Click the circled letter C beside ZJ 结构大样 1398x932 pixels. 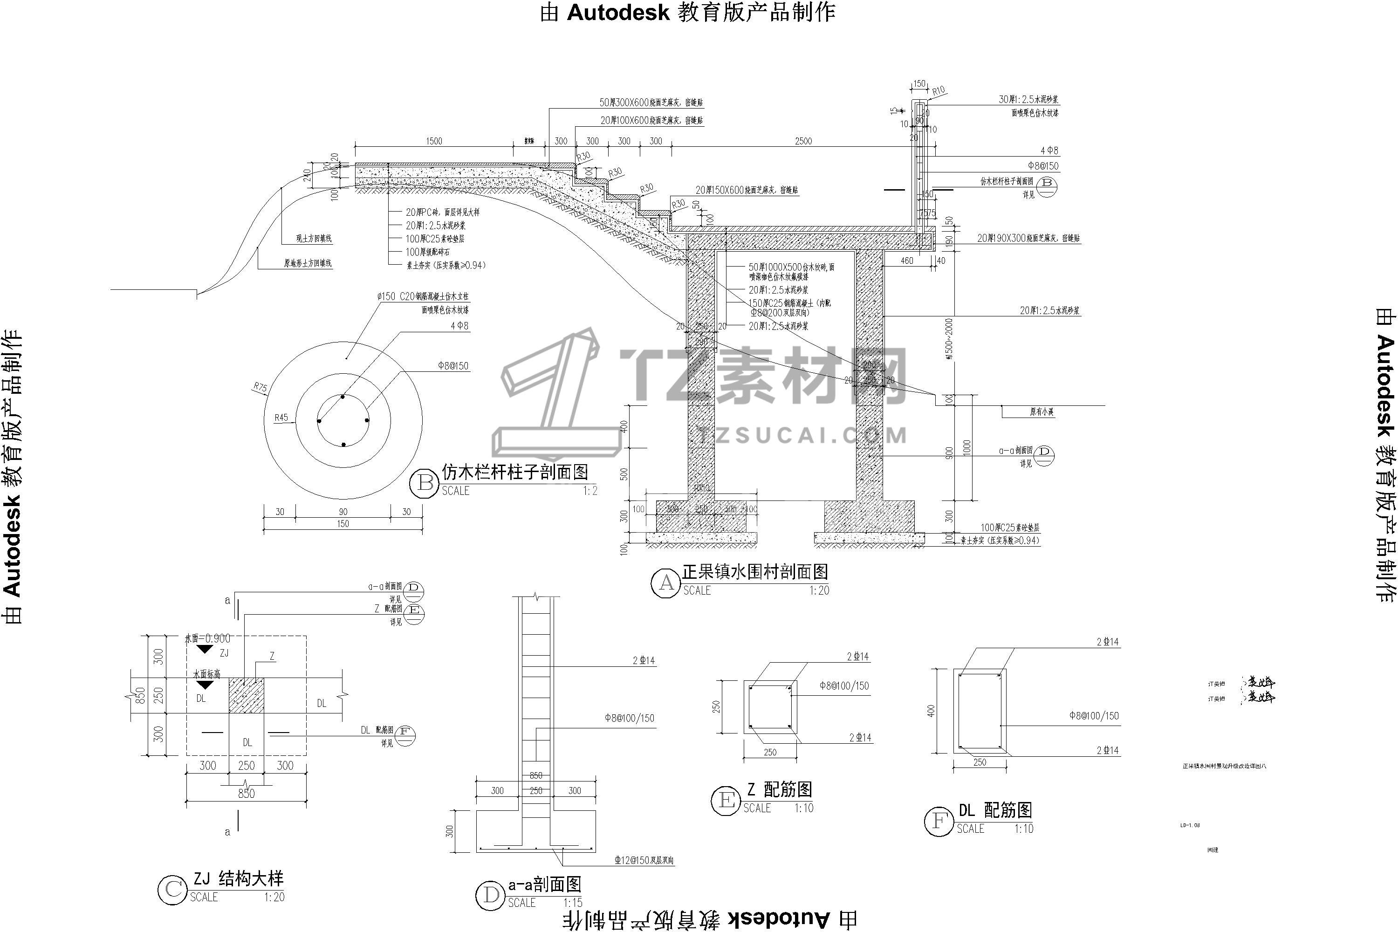[172, 890]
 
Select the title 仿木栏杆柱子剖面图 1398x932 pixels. [515, 473]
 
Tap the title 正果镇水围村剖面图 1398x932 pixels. [755, 572]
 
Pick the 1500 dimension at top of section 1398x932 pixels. [434, 141]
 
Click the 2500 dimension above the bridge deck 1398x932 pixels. [803, 141]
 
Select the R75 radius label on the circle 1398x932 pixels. [260, 388]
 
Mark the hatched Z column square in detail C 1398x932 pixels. [246, 695]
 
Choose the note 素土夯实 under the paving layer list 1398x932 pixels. [446, 265]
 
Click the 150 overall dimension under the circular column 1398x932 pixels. [343, 524]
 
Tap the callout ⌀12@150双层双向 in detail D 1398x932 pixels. [644, 860]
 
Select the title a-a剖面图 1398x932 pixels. [544, 884]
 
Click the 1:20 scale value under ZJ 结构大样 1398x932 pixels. [274, 897]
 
